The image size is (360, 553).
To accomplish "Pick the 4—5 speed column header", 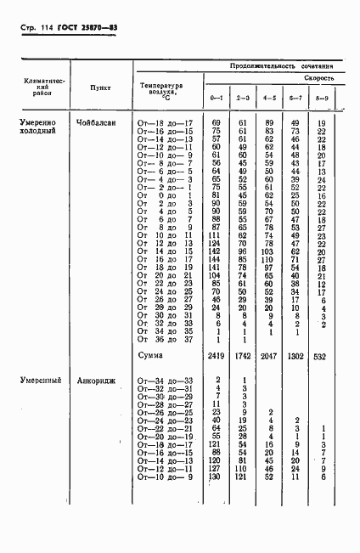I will [269, 100].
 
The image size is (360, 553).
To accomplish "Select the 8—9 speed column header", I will [322, 100].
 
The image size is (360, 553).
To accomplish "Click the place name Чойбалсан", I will [99, 125].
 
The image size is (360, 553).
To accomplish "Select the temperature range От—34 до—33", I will [166, 380].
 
